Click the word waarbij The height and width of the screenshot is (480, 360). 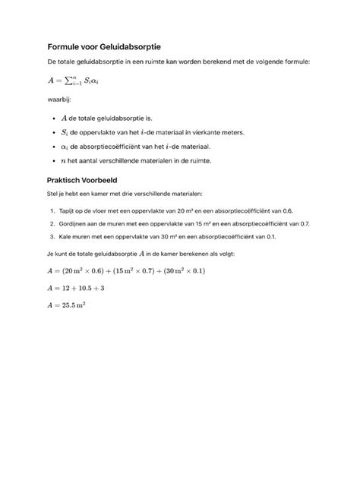click(59, 99)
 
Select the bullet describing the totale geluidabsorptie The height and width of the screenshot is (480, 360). click(110, 118)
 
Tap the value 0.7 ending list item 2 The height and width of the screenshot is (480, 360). click(305, 223)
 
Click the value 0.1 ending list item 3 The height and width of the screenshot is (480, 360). click(271, 237)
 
